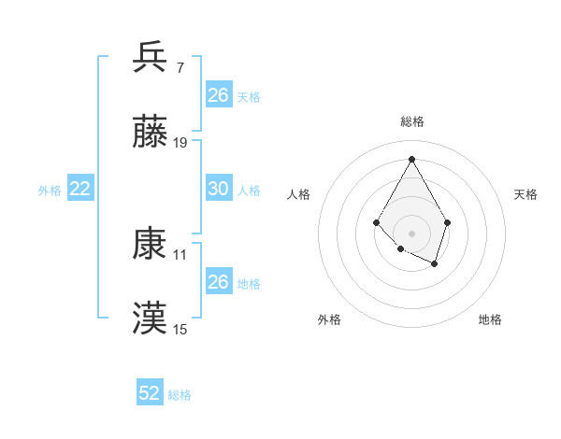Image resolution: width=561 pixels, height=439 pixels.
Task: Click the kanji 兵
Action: pyautogui.click(x=150, y=57)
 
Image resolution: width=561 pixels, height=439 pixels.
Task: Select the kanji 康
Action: pyautogui.click(x=150, y=244)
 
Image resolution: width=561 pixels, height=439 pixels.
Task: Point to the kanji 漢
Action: pyautogui.click(x=150, y=319)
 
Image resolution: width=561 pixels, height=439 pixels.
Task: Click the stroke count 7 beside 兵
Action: pyautogui.click(x=180, y=67)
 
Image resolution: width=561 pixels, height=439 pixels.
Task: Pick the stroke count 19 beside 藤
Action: pyautogui.click(x=180, y=143)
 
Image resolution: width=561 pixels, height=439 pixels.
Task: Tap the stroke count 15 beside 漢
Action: pyautogui.click(x=180, y=329)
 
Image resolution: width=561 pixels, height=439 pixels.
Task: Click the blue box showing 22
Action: pyautogui.click(x=80, y=189)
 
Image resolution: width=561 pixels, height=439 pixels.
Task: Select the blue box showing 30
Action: pyautogui.click(x=218, y=189)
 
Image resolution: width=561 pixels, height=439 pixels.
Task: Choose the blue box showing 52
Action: pyautogui.click(x=150, y=393)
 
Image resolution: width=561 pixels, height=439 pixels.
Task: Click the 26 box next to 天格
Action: pyautogui.click(x=218, y=95)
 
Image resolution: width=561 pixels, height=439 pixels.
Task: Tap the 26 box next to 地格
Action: pyautogui.click(x=218, y=281)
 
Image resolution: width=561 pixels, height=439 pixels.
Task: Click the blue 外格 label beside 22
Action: pyautogui.click(x=50, y=191)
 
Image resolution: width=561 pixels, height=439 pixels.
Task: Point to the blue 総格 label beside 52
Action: pyautogui.click(x=180, y=395)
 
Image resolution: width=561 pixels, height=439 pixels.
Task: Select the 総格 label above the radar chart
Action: pyautogui.click(x=411, y=121)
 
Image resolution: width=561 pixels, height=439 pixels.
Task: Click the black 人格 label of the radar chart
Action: pyautogui.click(x=299, y=194)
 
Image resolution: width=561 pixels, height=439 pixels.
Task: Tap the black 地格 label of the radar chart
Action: pyautogui.click(x=490, y=319)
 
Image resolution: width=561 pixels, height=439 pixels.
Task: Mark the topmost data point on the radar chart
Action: pyautogui.click(x=411, y=158)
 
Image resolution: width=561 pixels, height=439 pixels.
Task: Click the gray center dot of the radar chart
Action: pyautogui.click(x=411, y=232)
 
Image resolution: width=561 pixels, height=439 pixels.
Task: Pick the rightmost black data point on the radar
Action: pyautogui.click(x=448, y=222)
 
